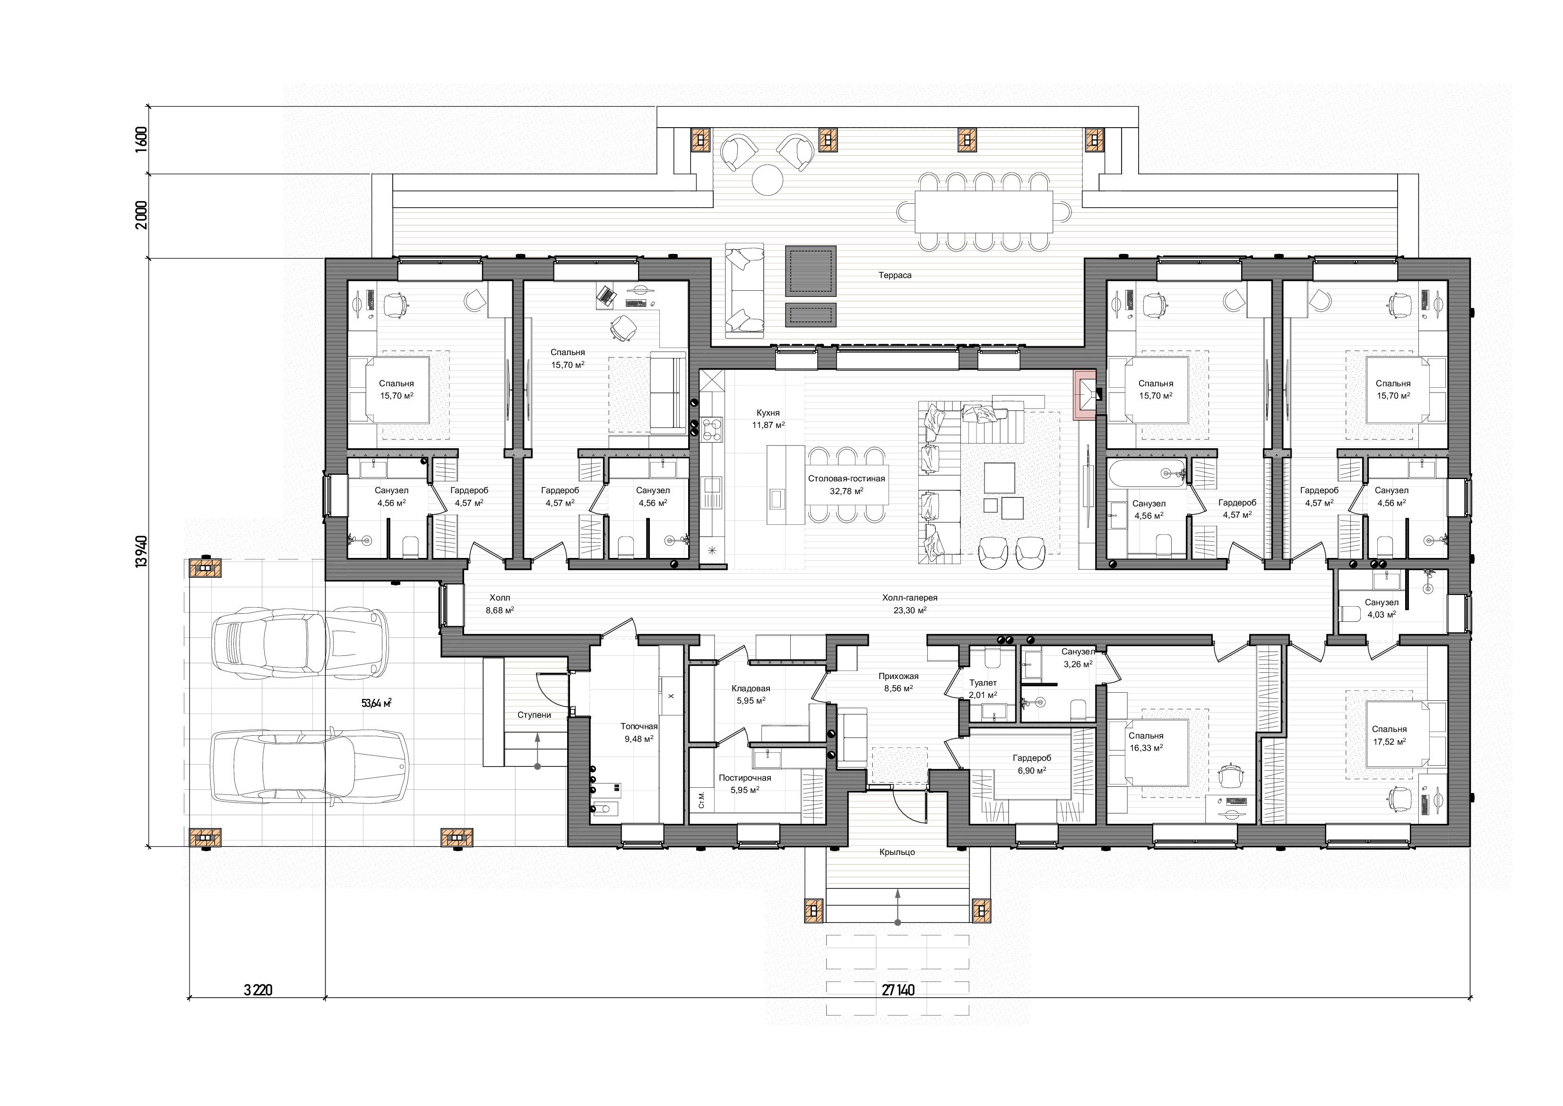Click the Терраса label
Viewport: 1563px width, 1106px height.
click(895, 275)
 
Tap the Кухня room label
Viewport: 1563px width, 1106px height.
click(768, 413)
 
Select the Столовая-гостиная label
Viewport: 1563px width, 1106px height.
click(846, 479)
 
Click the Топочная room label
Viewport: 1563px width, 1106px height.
click(639, 727)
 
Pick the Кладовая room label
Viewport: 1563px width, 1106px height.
click(751, 688)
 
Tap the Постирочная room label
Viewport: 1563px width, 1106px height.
click(745, 778)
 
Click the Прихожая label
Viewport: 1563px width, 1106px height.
click(898, 676)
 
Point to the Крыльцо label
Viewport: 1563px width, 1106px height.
click(897, 852)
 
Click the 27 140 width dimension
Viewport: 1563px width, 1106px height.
click(898, 990)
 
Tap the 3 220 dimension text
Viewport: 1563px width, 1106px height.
click(258, 990)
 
